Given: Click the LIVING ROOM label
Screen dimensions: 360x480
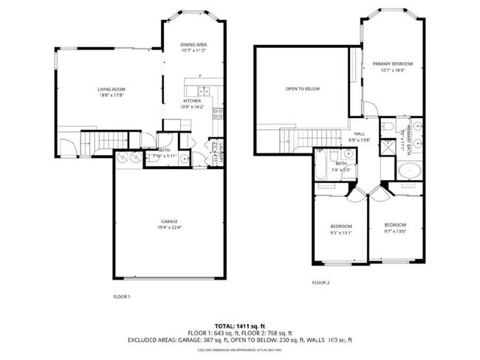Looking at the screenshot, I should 110,89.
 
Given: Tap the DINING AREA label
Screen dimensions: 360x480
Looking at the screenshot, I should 193,45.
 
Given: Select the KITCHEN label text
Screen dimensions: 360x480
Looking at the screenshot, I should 191,101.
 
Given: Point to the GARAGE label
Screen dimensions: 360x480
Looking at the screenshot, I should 169,221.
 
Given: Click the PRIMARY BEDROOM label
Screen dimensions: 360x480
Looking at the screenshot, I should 392,64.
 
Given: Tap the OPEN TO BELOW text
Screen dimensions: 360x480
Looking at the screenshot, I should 303,89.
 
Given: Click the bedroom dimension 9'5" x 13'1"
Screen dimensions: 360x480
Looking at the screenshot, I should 340,232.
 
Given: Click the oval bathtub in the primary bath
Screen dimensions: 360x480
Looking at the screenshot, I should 410,171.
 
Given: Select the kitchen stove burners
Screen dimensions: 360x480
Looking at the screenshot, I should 218,114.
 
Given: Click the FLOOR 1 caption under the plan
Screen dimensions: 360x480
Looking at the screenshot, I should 121,297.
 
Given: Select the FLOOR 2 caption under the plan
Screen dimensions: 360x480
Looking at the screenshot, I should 320,283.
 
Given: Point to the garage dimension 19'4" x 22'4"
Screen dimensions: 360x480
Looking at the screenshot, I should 169,227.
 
